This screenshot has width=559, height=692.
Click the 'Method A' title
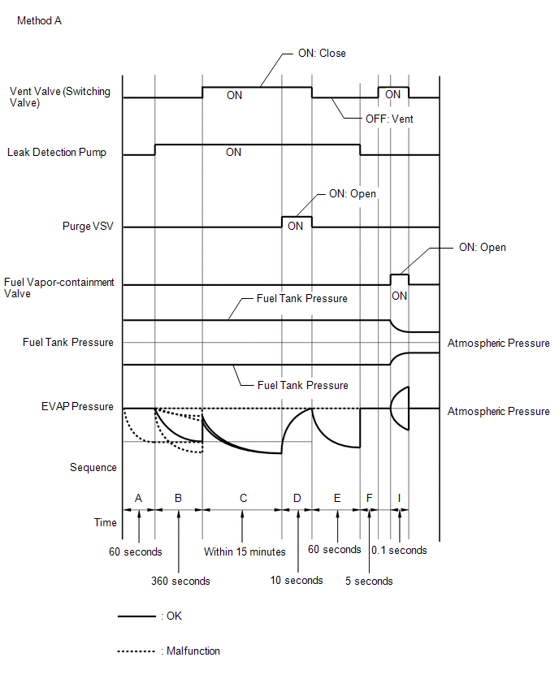pos(39,21)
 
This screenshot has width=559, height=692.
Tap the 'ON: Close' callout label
pos(322,54)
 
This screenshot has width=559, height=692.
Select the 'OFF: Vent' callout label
pos(389,119)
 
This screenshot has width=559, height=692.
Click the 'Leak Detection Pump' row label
pos(57,152)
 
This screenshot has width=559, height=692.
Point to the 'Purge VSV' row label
pos(88,226)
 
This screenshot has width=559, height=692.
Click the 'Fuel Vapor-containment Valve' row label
pos(59,288)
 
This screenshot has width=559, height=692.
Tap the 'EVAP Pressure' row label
pos(77,406)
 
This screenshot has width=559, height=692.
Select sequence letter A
pos(138,498)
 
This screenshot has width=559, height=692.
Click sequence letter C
pos(243,498)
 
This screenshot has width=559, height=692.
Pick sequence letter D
pos(297,498)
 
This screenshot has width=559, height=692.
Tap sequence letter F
pos(370,498)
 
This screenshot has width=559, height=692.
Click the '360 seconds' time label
pos(180,582)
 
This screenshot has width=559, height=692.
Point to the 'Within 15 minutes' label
pos(245,551)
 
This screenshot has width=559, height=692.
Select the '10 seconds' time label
pos(297,581)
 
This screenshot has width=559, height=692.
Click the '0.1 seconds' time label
pos(399,551)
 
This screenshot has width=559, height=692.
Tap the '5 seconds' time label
pos(369,582)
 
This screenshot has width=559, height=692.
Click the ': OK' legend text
pos(171,616)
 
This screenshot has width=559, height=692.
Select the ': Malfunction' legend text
pos(190,651)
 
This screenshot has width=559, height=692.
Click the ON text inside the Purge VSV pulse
pos(296,227)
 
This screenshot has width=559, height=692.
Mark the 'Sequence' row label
pos(93,468)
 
